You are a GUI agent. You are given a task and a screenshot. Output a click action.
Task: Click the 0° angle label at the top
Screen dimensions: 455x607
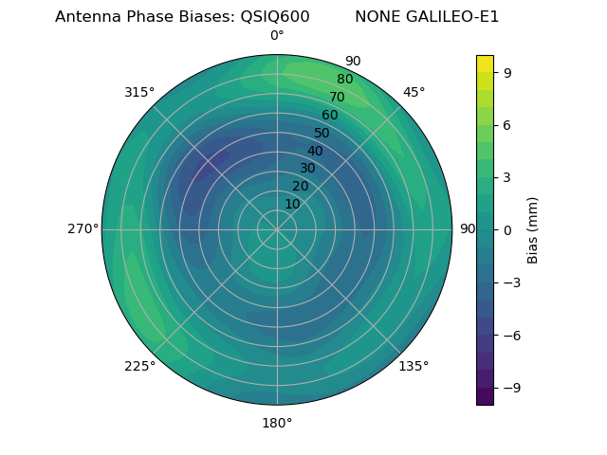coord(277,36)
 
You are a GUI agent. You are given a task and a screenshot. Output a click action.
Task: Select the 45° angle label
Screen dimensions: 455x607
coord(414,92)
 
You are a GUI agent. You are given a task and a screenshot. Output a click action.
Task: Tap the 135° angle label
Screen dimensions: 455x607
coord(414,366)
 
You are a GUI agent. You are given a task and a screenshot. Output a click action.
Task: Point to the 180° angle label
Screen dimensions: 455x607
coord(277,423)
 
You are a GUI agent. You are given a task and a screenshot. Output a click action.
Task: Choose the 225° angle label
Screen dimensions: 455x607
coord(139,366)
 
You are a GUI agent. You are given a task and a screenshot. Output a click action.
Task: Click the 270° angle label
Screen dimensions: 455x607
coord(83,229)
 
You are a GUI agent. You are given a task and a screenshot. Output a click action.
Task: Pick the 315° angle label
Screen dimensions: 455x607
coord(139,92)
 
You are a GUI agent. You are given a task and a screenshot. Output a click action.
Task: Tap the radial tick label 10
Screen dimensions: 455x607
coord(292,204)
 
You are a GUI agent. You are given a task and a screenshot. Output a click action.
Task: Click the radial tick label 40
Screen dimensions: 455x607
coord(315,151)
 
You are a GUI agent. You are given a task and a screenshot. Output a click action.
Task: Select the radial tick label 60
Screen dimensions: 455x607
coord(330,115)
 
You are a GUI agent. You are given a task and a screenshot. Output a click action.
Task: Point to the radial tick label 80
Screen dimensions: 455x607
coord(344,80)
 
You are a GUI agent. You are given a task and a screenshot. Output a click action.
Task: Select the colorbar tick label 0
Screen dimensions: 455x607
coord(507,229)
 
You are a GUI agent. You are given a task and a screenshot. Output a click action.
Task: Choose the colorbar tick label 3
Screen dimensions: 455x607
coord(507,177)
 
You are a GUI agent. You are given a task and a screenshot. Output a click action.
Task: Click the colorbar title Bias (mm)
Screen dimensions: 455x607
coord(533,229)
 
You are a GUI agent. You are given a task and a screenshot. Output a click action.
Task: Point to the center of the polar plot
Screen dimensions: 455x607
coord(277,229)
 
